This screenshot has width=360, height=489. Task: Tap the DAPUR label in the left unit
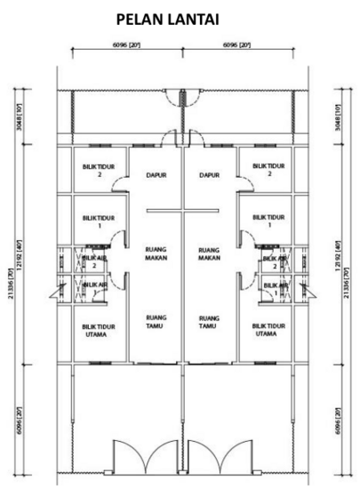pyautogui.click(x=156, y=175)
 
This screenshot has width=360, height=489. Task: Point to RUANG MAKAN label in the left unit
pyautogui.click(x=156, y=253)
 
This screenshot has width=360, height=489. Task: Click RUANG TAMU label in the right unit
pyautogui.click(x=210, y=321)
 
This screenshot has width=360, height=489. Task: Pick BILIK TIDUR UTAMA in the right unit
pyautogui.click(x=268, y=330)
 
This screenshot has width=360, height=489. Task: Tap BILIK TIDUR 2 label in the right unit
pyautogui.click(x=268, y=169)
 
